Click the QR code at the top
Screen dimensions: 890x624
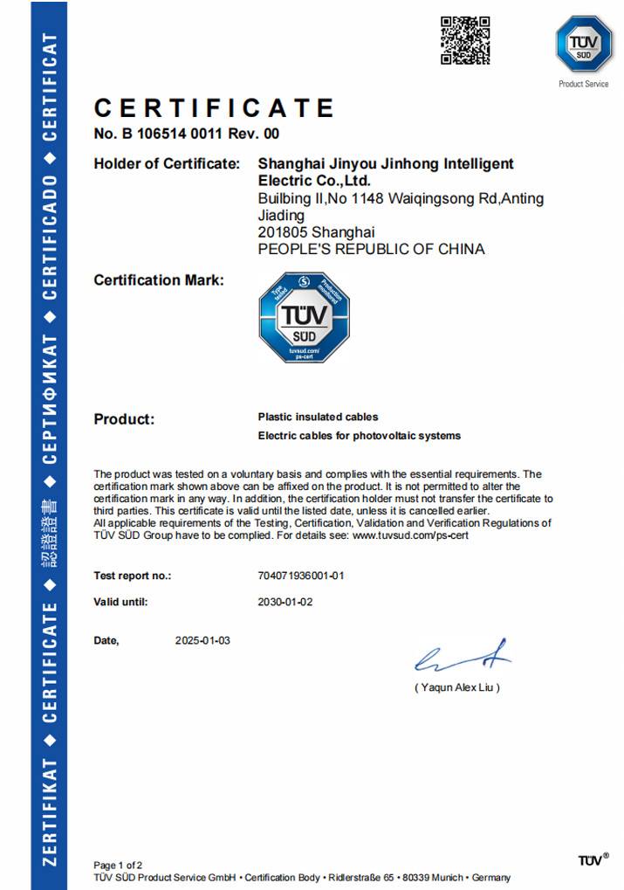coord(464,40)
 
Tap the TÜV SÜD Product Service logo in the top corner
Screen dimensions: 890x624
coord(583,45)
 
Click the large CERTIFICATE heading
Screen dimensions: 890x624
coord(214,108)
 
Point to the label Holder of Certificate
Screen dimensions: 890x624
coord(166,163)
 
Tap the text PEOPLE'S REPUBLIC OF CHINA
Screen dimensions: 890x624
coord(371,249)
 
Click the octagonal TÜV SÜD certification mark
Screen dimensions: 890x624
coord(304,317)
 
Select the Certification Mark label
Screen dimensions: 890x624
coord(159,280)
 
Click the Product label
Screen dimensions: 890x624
coord(124,419)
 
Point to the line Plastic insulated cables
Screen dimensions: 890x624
coord(318,417)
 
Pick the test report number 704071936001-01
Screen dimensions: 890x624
coord(302,576)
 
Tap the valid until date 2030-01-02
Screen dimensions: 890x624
coord(285,602)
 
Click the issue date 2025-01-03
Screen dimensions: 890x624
coord(202,640)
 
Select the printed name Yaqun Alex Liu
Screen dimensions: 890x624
coord(457,687)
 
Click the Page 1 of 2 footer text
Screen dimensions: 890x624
coord(118,865)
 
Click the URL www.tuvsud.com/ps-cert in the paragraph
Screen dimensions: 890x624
coord(410,535)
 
